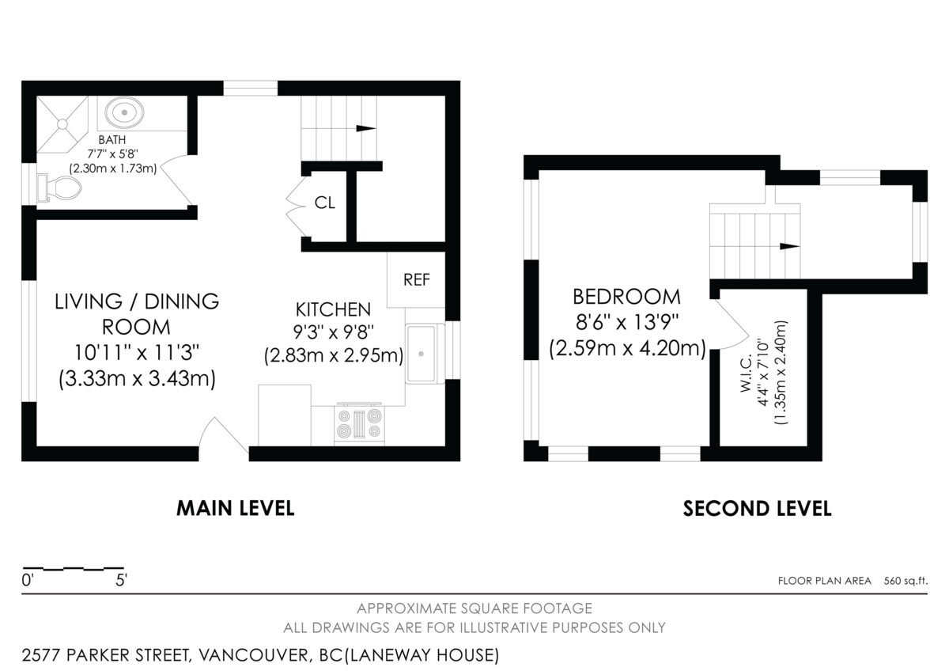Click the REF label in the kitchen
point(416,279)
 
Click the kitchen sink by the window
point(425,354)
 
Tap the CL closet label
point(325,203)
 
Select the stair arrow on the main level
point(365,128)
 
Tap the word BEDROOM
point(626,297)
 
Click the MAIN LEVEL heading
point(235,508)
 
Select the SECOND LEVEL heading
point(757,508)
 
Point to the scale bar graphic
point(74,568)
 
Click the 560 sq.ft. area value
point(906,581)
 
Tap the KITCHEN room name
point(333,309)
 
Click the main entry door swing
point(224,437)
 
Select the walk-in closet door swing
point(732,324)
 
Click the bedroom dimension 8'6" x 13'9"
point(626,323)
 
